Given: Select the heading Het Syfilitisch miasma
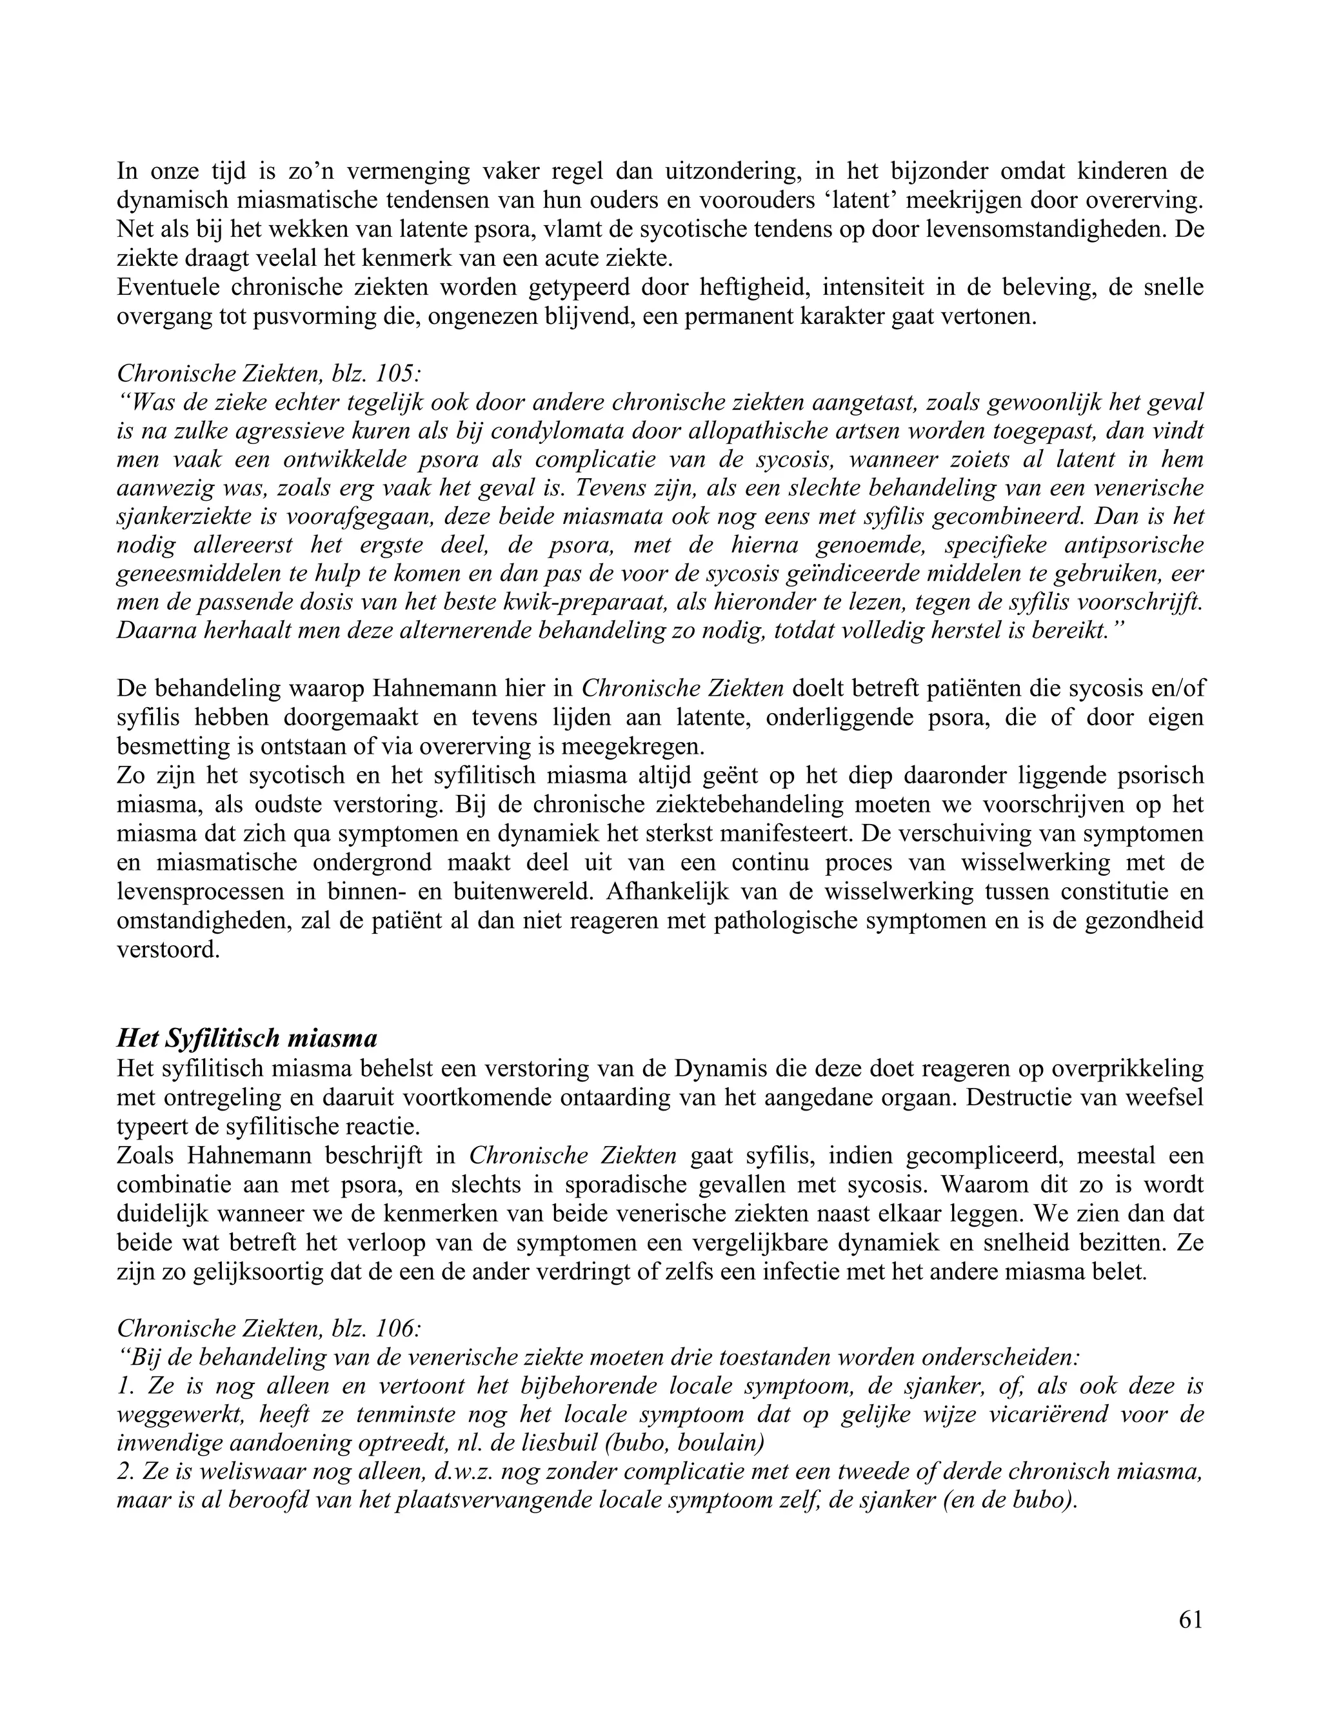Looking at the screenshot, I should coord(246,1038).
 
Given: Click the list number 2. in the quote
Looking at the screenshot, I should coord(128,1472).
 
